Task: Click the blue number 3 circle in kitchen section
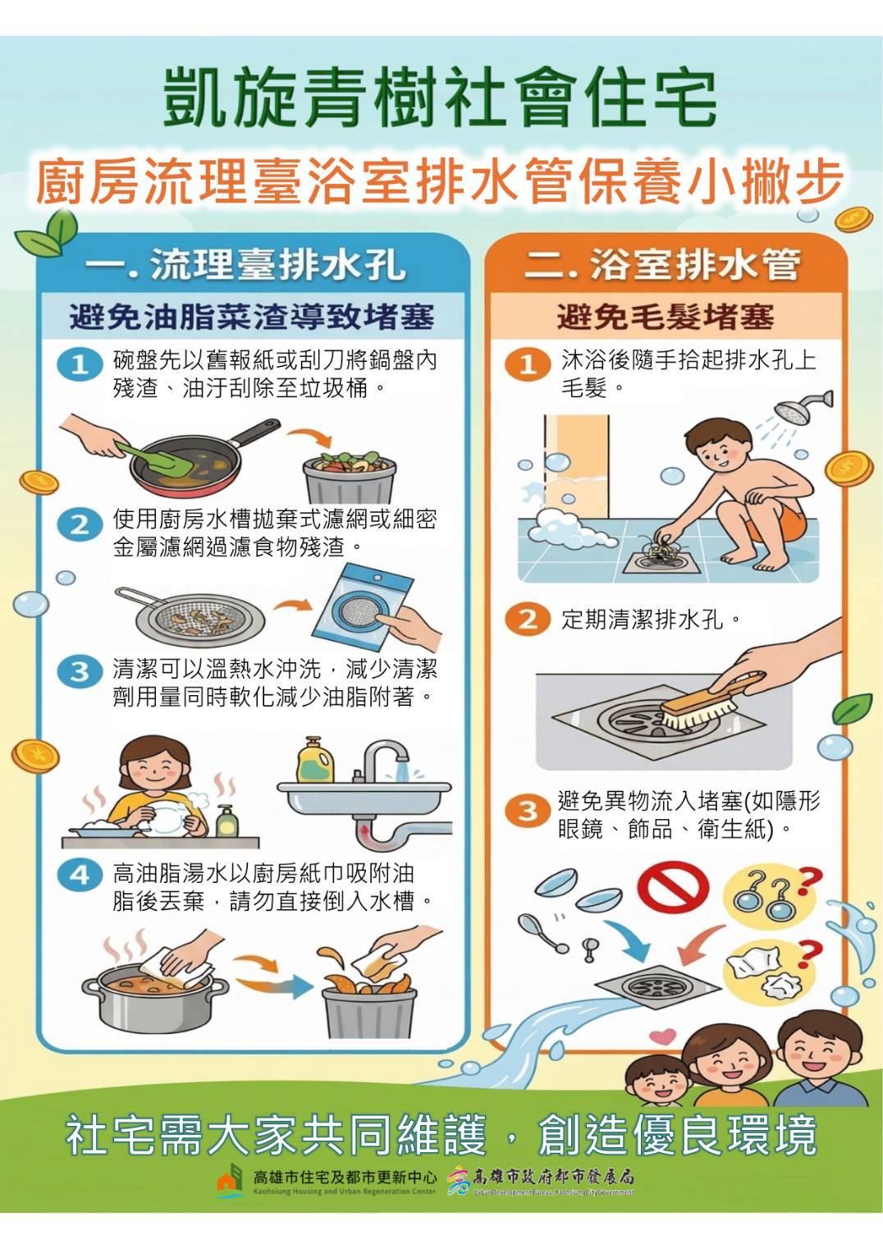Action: coord(79,671)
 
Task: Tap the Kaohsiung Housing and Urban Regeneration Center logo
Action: coord(231,1182)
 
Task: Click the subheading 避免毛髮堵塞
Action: coord(665,317)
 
